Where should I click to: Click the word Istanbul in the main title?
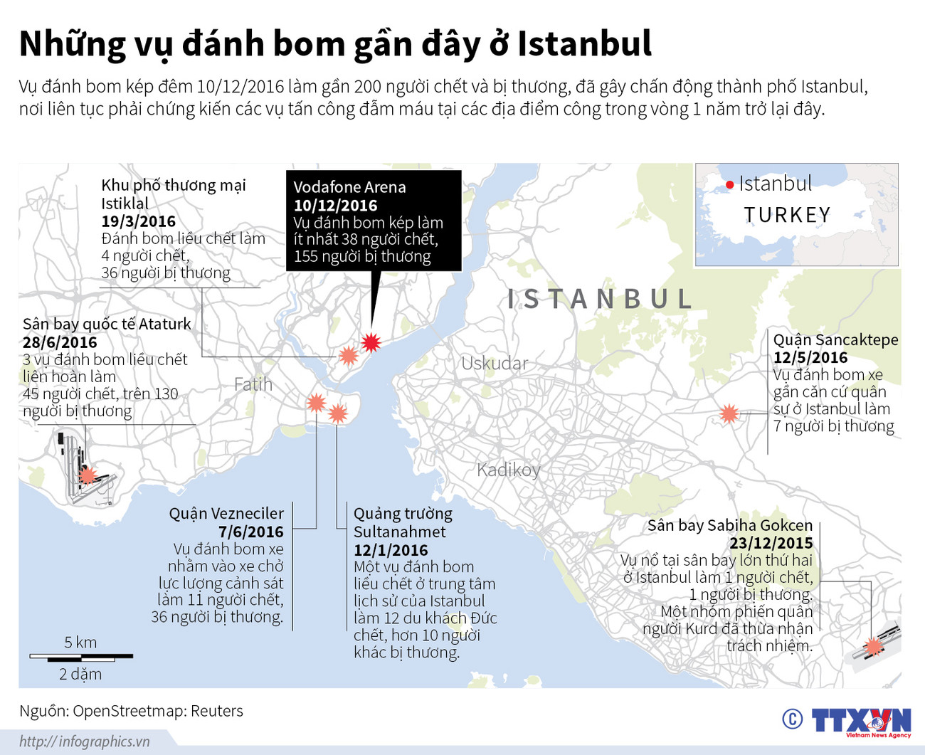(584, 44)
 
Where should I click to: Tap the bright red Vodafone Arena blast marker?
(370, 343)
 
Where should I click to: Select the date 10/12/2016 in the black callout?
(335, 206)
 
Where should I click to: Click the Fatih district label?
(253, 385)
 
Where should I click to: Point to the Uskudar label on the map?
(495, 364)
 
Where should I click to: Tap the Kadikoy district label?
(509, 470)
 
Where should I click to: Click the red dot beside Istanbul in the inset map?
(729, 186)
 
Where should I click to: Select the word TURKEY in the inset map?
(787, 215)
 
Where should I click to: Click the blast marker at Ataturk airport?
(88, 475)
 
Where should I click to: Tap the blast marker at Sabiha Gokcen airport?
(873, 646)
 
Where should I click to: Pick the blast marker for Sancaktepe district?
(729, 413)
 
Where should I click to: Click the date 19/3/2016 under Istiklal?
(138, 221)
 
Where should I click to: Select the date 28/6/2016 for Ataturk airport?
(60, 342)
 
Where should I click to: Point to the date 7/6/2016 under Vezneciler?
(250, 532)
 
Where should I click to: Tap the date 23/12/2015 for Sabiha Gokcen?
(771, 544)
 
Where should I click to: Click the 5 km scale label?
(80, 643)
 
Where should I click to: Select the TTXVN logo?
(860, 721)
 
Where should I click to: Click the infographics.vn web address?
(85, 741)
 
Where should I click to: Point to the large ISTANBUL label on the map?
(600, 300)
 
